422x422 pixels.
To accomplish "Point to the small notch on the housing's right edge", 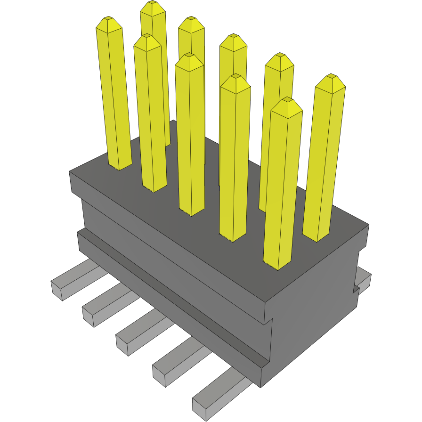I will tap(356, 288).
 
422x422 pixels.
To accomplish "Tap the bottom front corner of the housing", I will tap(261, 386).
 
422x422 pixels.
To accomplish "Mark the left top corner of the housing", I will tap(70, 172).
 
